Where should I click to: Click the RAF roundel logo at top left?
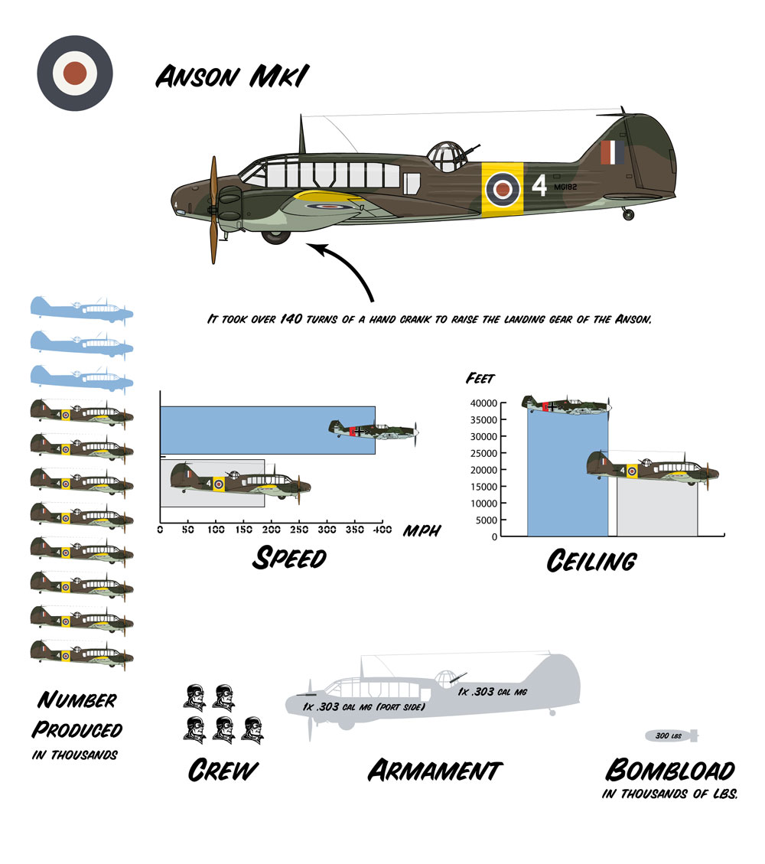tap(75, 73)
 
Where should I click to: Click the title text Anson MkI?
tap(233, 77)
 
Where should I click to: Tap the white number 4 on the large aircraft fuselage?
tap(540, 186)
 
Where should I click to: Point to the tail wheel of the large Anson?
tap(629, 215)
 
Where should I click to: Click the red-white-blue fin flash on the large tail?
tap(612, 153)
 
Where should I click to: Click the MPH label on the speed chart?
tap(421, 530)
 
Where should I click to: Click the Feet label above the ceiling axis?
tap(480, 378)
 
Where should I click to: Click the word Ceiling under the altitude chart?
tap(591, 562)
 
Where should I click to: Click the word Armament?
tap(434, 770)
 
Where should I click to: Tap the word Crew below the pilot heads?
tap(222, 770)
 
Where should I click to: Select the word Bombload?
tap(669, 770)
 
